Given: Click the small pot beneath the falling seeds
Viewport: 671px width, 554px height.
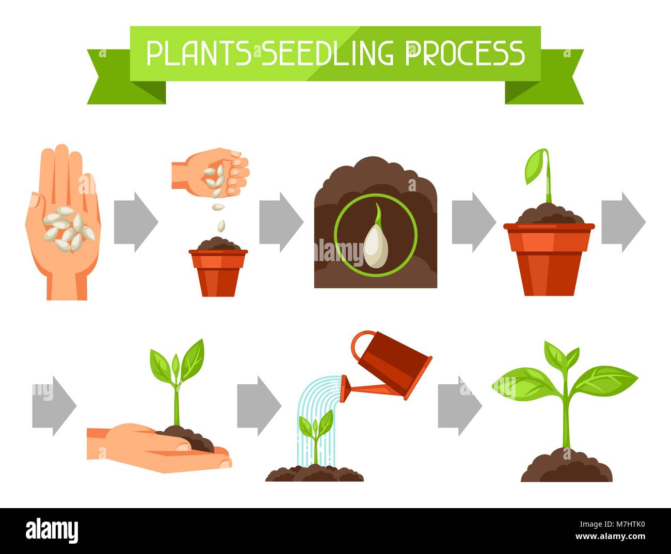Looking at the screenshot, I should [x=218, y=271].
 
